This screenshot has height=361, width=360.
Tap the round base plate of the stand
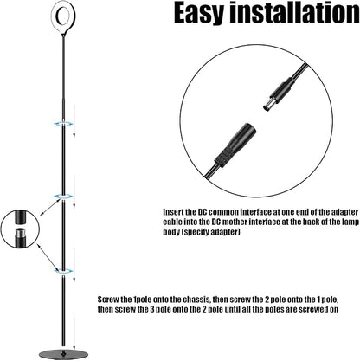click(x=64, y=355)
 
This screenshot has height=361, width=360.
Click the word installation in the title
click(x=294, y=12)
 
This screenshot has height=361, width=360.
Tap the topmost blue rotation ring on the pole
click(x=63, y=124)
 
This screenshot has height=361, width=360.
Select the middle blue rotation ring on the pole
click(x=63, y=197)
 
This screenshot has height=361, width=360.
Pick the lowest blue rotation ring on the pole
click(x=63, y=271)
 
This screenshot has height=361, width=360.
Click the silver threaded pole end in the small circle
click(x=20, y=233)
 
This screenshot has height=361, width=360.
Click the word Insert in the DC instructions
click(x=173, y=212)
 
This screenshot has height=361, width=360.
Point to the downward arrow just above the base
click(x=74, y=333)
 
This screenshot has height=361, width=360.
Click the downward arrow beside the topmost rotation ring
click(x=74, y=121)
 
